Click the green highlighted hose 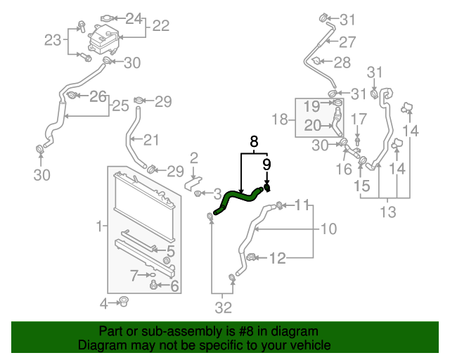click(239, 199)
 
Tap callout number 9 click(266, 165)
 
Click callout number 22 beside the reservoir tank click(161, 26)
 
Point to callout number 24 click(133, 18)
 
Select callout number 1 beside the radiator click(99, 226)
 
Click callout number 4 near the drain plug click(103, 304)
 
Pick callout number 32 click(222, 307)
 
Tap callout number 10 click(329, 229)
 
